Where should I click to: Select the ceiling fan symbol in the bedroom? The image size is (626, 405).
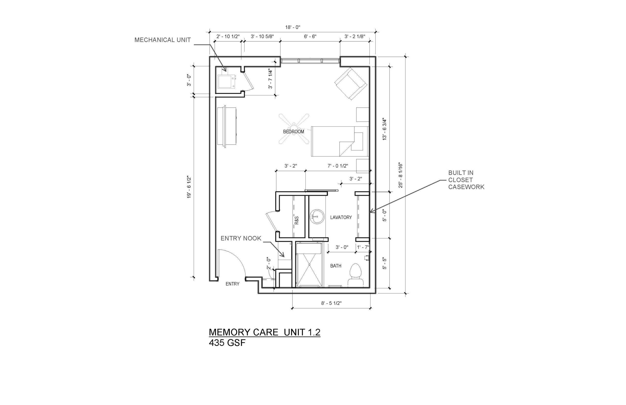294,129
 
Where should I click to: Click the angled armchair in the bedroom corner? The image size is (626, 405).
351,83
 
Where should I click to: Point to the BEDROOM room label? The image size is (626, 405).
293,132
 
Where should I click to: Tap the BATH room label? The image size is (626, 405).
336,266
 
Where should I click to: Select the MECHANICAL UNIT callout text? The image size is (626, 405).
162,40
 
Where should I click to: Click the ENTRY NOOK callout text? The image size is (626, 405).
241,238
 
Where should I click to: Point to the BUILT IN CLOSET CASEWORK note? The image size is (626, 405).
466,180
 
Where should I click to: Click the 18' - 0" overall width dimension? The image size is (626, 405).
293,27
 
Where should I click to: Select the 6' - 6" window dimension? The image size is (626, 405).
310,36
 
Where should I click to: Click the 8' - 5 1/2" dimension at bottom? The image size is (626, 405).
331,303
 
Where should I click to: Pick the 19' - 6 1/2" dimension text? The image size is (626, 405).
189,187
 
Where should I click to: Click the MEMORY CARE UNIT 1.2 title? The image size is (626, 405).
265,332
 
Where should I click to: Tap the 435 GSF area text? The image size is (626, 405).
227,343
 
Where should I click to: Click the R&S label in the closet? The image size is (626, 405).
297,220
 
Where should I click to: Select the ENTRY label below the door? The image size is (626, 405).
232,284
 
